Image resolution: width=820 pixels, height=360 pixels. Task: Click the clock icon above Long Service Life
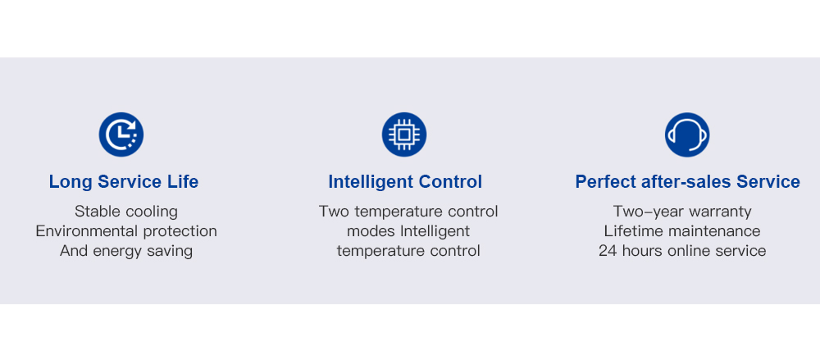tap(121, 134)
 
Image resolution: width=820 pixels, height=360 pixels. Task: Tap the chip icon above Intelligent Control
tap(404, 134)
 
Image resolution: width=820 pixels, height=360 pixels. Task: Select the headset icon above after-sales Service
tap(687, 134)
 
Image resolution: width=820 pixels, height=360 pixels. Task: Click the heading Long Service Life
tap(124, 181)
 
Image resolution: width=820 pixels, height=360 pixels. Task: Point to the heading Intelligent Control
tap(405, 181)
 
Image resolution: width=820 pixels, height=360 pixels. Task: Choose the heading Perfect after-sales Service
tap(688, 181)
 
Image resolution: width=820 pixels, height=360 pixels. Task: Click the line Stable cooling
tap(126, 212)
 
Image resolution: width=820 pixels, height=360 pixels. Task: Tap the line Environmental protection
tap(126, 230)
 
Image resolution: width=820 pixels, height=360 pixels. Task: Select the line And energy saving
tap(126, 251)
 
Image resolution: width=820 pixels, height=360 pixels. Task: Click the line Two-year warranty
tap(682, 212)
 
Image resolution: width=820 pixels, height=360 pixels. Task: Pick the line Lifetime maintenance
tap(682, 230)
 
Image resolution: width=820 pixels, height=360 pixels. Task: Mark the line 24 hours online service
tap(682, 251)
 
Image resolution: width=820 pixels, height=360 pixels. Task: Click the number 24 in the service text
tap(608, 251)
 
